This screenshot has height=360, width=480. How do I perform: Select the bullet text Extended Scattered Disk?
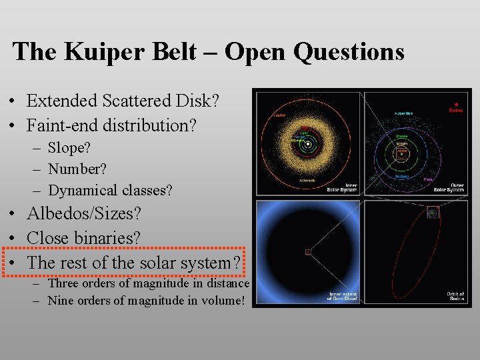click(123, 101)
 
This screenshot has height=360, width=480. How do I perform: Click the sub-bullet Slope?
click(71, 148)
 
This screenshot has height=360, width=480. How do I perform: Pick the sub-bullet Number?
click(77, 169)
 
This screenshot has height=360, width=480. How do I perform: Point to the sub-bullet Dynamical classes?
click(110, 191)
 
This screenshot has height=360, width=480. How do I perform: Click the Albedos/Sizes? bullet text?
click(84, 214)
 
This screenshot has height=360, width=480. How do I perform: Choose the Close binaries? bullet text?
click(83, 238)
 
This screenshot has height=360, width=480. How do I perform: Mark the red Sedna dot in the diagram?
click(456, 104)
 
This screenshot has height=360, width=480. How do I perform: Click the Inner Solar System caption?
click(342, 188)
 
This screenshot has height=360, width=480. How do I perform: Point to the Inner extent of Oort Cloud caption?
click(342, 296)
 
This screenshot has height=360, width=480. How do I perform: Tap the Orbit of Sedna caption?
click(455, 296)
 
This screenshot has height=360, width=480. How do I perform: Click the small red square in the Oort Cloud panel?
click(308, 252)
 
